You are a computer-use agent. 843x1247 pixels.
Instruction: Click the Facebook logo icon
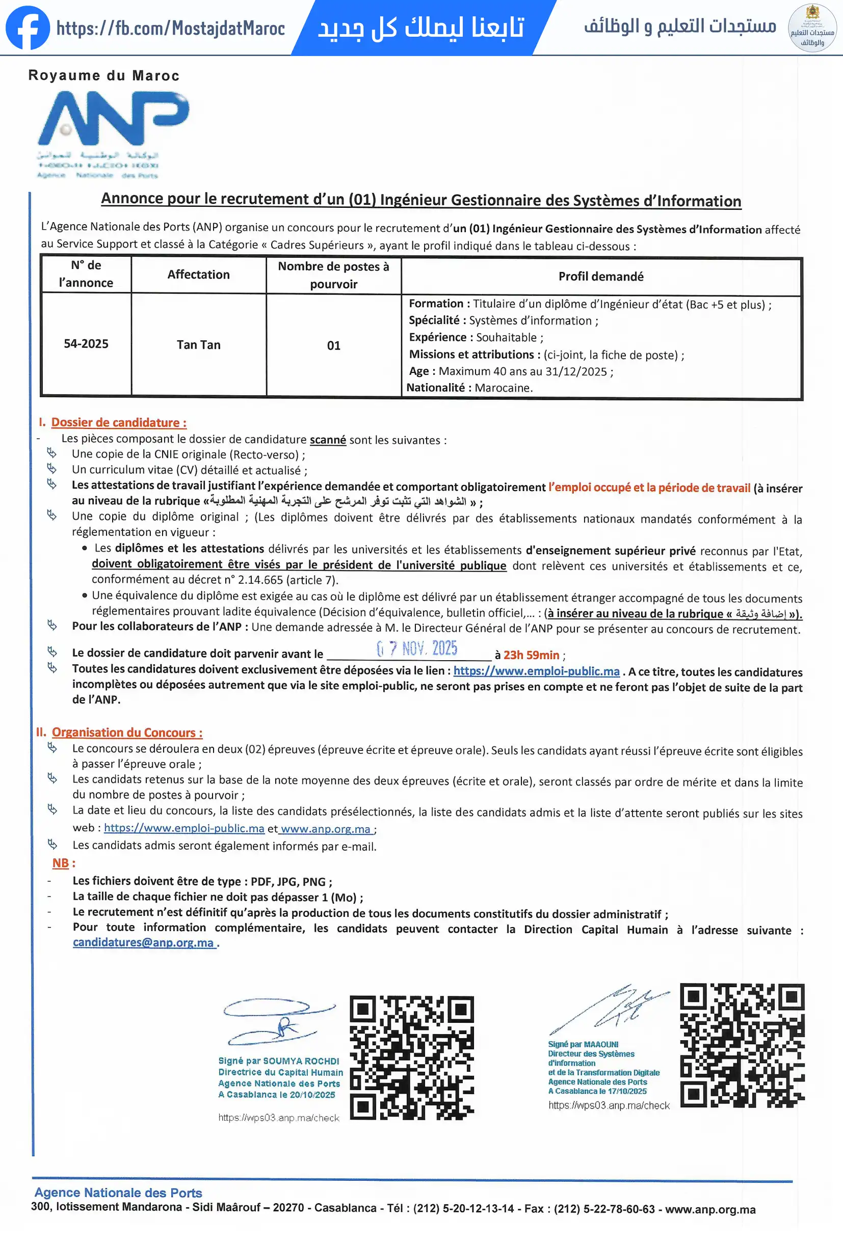[x=28, y=28]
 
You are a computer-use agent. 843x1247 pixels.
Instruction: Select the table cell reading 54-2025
[x=86, y=344]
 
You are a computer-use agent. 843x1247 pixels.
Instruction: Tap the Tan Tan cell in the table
[x=199, y=345]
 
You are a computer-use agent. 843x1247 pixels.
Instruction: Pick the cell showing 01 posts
[x=333, y=345]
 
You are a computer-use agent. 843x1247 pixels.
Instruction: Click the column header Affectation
[x=198, y=275]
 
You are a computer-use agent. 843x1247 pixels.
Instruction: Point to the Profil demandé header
[x=600, y=276]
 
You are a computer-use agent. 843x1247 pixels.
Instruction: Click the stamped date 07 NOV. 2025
[x=417, y=649]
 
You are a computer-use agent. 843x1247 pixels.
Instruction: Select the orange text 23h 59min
[x=531, y=655]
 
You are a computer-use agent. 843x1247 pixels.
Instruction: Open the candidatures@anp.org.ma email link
[x=143, y=943]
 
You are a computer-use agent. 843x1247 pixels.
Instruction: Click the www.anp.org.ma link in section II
[x=325, y=829]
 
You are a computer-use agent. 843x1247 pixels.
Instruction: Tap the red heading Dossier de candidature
[x=119, y=423]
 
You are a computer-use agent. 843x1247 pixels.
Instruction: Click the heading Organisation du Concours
[x=127, y=733]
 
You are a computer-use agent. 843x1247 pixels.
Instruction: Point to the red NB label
[x=60, y=863]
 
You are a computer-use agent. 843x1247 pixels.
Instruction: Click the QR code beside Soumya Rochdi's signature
[x=412, y=1058]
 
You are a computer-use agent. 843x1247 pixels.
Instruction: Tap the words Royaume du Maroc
[x=103, y=76]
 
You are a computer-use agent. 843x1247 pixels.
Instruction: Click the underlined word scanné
[x=328, y=440]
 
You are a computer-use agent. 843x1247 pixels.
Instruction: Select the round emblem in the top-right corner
[x=812, y=28]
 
